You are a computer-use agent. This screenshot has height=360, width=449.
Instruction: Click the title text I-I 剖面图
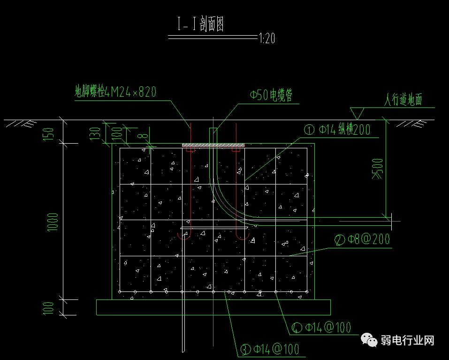pos(200,24)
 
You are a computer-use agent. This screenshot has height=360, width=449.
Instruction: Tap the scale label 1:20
pos(267,38)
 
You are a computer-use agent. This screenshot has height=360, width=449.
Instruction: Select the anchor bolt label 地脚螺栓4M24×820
pos(115,92)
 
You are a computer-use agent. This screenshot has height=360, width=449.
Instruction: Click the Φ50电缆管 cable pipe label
pos(271,95)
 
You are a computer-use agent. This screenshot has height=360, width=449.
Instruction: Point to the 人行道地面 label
pos(403,100)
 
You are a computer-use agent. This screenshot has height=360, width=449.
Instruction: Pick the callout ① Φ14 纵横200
pos(337,130)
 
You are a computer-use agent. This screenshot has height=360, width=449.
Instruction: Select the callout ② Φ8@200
pos(362,239)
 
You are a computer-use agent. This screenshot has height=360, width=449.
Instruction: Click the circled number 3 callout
pos(245,349)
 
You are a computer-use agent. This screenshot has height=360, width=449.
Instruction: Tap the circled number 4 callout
pos(297,328)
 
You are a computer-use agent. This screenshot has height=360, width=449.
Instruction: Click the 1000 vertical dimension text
pos(53,222)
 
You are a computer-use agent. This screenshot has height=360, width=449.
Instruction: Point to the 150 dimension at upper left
pos(48,134)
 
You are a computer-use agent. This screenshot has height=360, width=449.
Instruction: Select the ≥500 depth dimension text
pos(377,169)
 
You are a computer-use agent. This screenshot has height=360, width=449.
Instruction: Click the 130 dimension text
pos(95,134)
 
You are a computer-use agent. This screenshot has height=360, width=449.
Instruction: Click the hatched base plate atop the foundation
pos(213,146)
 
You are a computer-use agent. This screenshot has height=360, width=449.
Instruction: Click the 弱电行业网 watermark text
pos(408,341)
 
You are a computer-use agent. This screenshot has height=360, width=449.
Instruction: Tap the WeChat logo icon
pos(369,340)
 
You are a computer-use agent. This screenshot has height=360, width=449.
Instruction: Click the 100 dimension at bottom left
pos(48,308)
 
